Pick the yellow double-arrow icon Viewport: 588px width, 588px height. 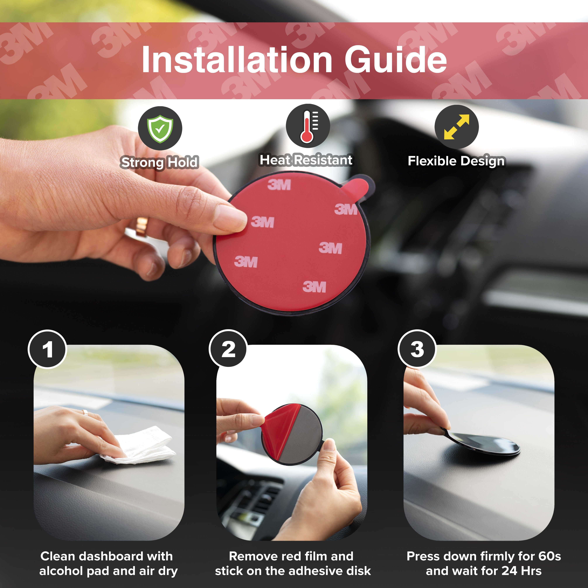point(456,127)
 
